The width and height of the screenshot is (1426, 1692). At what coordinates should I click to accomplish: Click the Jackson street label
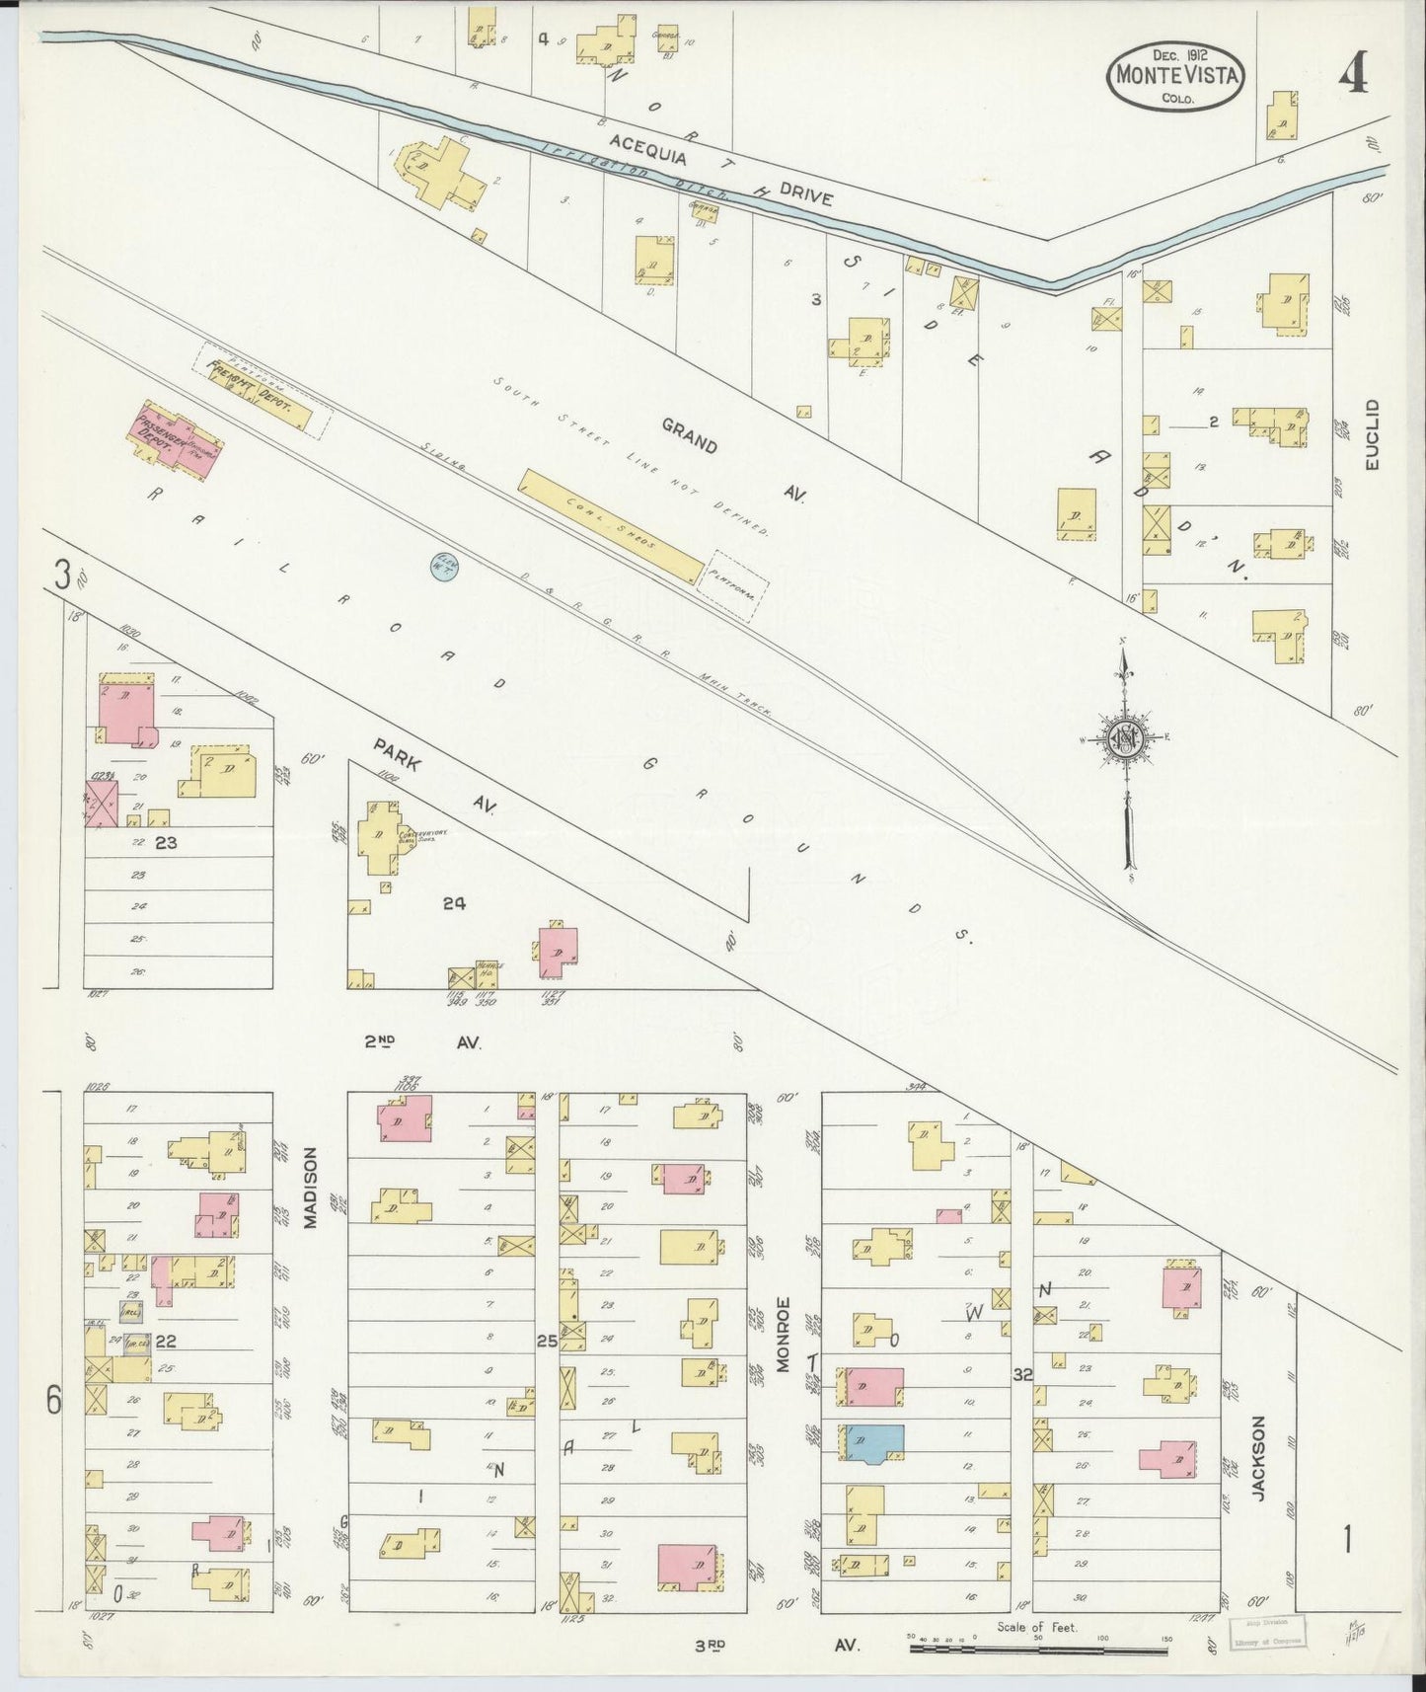[1258, 1472]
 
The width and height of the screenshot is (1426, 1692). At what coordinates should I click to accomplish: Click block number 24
[454, 902]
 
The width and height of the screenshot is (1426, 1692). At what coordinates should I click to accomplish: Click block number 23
[165, 843]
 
